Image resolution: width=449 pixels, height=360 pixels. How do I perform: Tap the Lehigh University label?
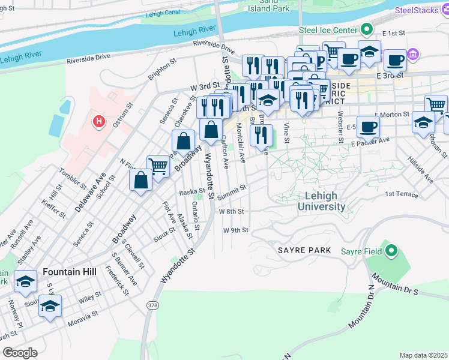click(x=325, y=201)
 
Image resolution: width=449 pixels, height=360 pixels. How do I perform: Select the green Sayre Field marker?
click(x=392, y=251)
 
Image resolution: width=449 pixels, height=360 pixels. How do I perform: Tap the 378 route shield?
click(x=149, y=305)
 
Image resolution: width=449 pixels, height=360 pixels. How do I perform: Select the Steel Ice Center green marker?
click(x=366, y=30)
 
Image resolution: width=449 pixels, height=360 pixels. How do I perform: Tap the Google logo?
click(x=19, y=353)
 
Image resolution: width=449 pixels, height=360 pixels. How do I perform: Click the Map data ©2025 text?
click(x=423, y=355)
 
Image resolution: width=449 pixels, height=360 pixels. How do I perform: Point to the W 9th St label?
click(x=235, y=230)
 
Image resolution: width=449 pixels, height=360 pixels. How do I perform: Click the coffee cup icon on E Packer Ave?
click(x=368, y=127)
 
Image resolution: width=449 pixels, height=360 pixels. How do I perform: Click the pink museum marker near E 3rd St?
click(x=412, y=55)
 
